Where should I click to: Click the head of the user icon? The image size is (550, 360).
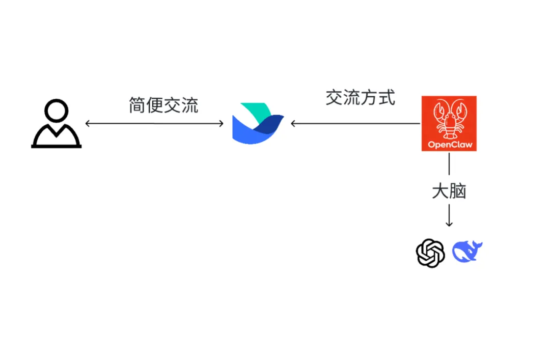[56, 110]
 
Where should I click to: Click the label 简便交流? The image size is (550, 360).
[163, 105]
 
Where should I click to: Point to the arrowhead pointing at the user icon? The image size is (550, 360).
[88, 123]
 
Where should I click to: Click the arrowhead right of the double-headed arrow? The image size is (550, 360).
[221, 123]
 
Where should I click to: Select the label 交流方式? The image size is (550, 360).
[360, 97]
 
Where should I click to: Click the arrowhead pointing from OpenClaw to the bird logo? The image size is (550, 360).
[294, 123]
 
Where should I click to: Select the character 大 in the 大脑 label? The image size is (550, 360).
[441, 191]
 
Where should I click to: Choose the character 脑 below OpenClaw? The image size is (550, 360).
[458, 191]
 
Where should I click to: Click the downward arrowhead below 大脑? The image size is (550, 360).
[449, 224]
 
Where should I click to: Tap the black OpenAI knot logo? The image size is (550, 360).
[430, 253]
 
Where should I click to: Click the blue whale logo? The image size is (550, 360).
[467, 252]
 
